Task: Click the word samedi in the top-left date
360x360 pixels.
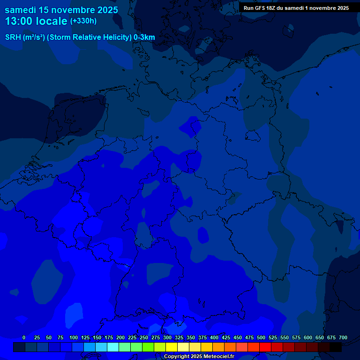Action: pyautogui.click(x=21, y=10)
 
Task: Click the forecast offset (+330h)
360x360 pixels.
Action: pyautogui.click(x=83, y=21)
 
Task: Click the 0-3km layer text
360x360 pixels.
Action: pyautogui.click(x=144, y=37)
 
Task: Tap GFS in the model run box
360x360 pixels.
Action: pyautogui.click(x=260, y=8)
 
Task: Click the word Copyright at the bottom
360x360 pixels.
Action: pyautogui.click(x=178, y=357)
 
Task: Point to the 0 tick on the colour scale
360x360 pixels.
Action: pyautogui.click(x=24, y=337)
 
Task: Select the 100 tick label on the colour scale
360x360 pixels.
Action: pyautogui.click(x=74, y=337)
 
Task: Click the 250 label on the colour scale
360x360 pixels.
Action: pyautogui.click(x=144, y=337)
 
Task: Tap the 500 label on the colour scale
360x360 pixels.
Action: pyautogui.click(x=261, y=337)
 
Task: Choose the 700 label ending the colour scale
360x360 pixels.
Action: pyautogui.click(x=343, y=337)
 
